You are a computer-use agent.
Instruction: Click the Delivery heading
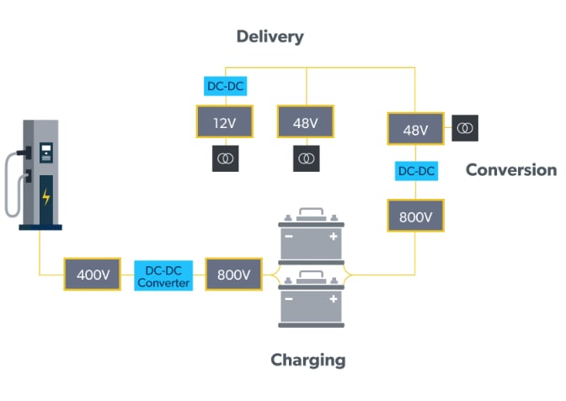(270, 36)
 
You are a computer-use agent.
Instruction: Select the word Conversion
(510, 170)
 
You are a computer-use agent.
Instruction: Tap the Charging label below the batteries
(307, 360)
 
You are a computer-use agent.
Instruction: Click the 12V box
(224, 123)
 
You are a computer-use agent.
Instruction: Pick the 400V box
(93, 275)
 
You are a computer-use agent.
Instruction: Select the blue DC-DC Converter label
(163, 275)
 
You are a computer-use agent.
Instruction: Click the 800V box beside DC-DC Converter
(233, 275)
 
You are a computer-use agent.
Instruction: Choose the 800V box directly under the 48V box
(415, 217)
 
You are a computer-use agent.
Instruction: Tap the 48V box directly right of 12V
(306, 123)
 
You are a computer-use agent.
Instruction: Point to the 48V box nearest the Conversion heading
(415, 130)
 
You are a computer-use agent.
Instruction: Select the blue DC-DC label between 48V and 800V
(415, 171)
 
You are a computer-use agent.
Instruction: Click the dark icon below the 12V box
(225, 158)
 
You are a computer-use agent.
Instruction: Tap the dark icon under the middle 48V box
(306, 158)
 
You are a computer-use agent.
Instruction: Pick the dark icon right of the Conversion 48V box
(466, 129)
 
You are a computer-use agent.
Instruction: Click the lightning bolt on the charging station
(45, 197)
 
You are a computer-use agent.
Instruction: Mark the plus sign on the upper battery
(333, 238)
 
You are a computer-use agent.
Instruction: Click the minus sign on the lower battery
(289, 300)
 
